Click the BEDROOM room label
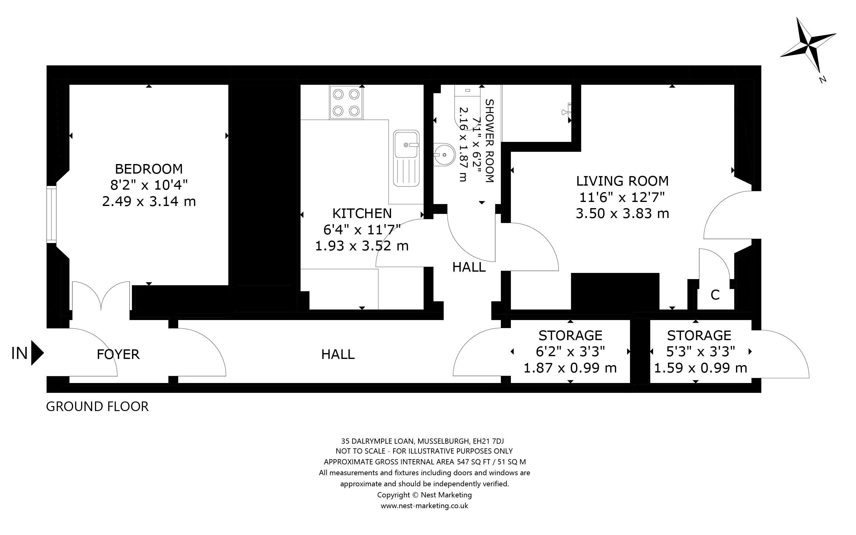(x=149, y=169)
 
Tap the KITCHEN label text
(x=362, y=214)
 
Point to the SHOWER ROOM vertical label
(x=489, y=141)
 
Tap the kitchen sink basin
(x=406, y=145)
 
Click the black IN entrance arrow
(x=37, y=353)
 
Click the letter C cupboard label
(x=715, y=295)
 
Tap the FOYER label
(x=118, y=354)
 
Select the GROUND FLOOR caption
(x=97, y=406)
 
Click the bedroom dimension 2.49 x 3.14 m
(x=149, y=202)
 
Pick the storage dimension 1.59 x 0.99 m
(x=700, y=368)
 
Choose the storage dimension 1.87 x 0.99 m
(x=570, y=368)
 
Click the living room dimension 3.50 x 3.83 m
(x=622, y=214)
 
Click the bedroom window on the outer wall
(x=51, y=214)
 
